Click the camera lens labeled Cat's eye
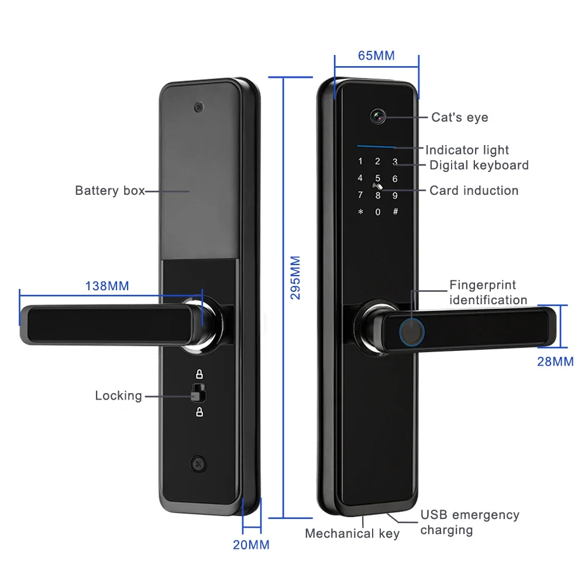(377, 116)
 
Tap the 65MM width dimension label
(376, 56)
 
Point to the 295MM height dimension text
(295, 277)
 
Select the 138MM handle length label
(107, 286)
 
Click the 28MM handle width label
(555, 362)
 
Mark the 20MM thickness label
(251, 545)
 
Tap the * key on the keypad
(360, 211)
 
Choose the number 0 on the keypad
(378, 212)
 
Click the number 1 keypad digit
(360, 161)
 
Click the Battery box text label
(109, 191)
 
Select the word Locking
(118, 396)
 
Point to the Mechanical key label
(352, 534)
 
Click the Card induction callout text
(474, 191)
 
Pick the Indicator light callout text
(467, 150)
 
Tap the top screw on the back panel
(200, 108)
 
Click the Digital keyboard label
(479, 166)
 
